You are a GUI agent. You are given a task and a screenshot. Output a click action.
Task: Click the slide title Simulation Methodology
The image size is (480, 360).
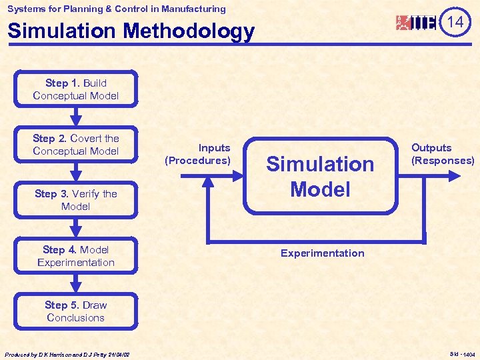131,31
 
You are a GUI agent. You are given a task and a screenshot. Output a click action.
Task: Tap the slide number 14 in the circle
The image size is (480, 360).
455,22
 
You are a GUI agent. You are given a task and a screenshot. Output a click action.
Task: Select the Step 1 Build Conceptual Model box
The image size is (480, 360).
76,89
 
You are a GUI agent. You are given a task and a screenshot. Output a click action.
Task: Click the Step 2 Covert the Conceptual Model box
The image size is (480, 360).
76,145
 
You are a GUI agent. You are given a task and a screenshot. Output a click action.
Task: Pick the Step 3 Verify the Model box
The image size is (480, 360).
76,200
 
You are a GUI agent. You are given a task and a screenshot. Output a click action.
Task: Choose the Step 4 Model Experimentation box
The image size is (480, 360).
76,256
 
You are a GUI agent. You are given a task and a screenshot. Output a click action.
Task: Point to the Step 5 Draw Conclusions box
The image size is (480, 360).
76,311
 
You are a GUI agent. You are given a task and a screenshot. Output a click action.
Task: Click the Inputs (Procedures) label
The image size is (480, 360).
198,154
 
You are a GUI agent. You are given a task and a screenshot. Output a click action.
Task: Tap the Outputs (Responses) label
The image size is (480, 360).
443,154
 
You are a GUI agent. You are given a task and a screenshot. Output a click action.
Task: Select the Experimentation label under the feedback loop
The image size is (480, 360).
322,253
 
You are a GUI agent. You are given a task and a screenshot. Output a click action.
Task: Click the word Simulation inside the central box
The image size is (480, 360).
320,164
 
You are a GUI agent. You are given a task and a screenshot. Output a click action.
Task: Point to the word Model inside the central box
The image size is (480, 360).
320,189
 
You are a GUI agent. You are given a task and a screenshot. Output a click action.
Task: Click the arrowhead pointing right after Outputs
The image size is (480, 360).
455,176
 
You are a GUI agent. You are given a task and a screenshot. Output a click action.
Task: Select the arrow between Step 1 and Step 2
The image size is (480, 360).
76,117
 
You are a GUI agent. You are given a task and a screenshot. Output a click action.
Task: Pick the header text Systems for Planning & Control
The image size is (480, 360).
117,9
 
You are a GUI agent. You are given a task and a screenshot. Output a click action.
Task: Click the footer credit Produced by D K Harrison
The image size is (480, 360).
67,355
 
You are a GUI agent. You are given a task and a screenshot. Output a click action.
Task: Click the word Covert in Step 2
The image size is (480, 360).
87,139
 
